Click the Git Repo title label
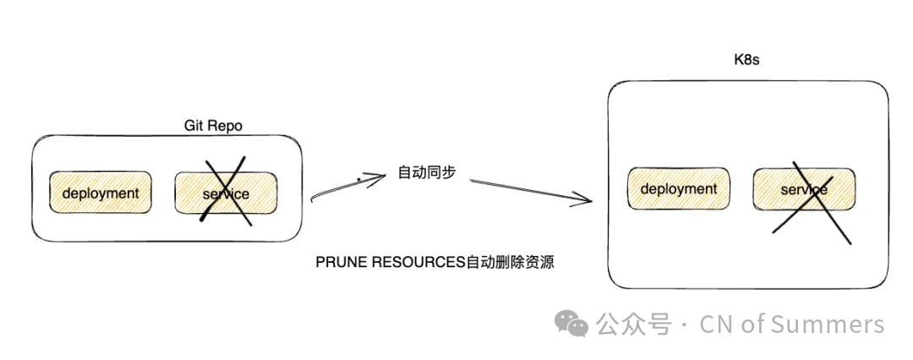[x=213, y=126]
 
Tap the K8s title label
[x=747, y=60]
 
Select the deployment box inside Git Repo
[x=100, y=193]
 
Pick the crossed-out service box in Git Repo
[x=226, y=194]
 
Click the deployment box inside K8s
[x=678, y=189]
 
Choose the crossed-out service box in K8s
[x=803, y=189]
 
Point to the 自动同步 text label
[x=427, y=172]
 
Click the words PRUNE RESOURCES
[x=391, y=263]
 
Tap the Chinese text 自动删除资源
[x=511, y=263]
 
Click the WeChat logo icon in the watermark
[x=571, y=324]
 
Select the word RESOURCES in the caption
[x=417, y=263]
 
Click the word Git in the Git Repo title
[x=194, y=126]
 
